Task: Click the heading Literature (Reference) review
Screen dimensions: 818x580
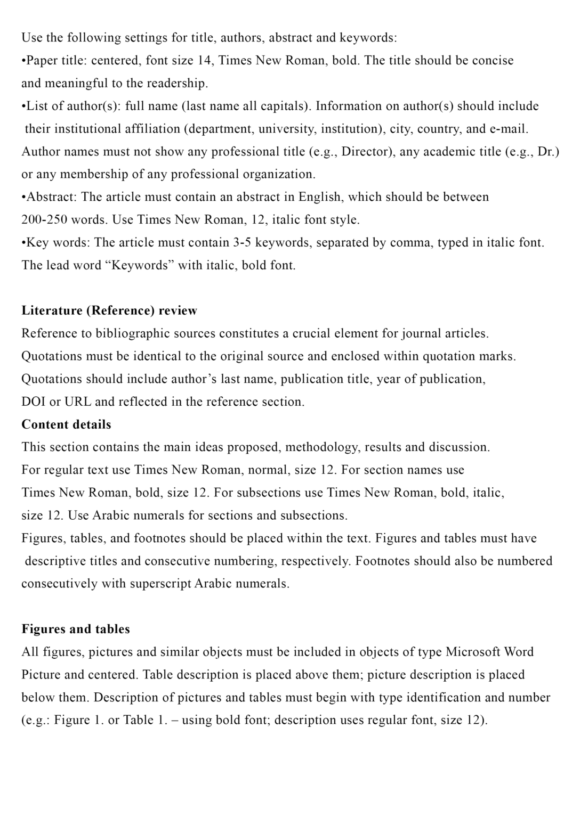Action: coord(109,310)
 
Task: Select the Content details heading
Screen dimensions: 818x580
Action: coord(66,424)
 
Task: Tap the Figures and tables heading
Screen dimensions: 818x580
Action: coord(76,629)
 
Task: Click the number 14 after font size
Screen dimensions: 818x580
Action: coord(204,60)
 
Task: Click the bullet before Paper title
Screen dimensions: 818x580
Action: coord(23,61)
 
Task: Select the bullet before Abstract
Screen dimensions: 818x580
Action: coord(23,197)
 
